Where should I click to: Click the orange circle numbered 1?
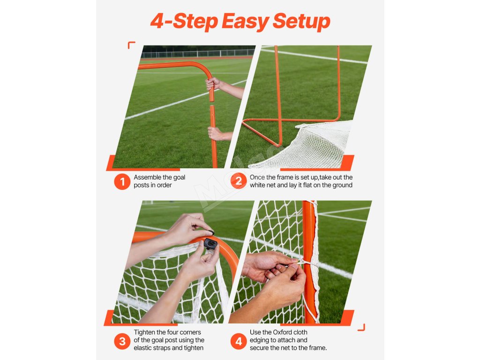point(122,181)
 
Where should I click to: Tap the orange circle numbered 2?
point(239,181)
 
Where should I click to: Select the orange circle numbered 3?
point(122,341)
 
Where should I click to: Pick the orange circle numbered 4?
point(239,341)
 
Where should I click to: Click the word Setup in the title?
point(301,22)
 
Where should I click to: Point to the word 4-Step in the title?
point(184,22)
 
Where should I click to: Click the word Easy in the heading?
point(245,22)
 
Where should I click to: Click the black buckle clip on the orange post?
point(210,244)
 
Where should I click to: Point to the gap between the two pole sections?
point(212,104)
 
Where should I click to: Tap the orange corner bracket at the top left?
point(131,45)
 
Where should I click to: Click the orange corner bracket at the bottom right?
point(361,328)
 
